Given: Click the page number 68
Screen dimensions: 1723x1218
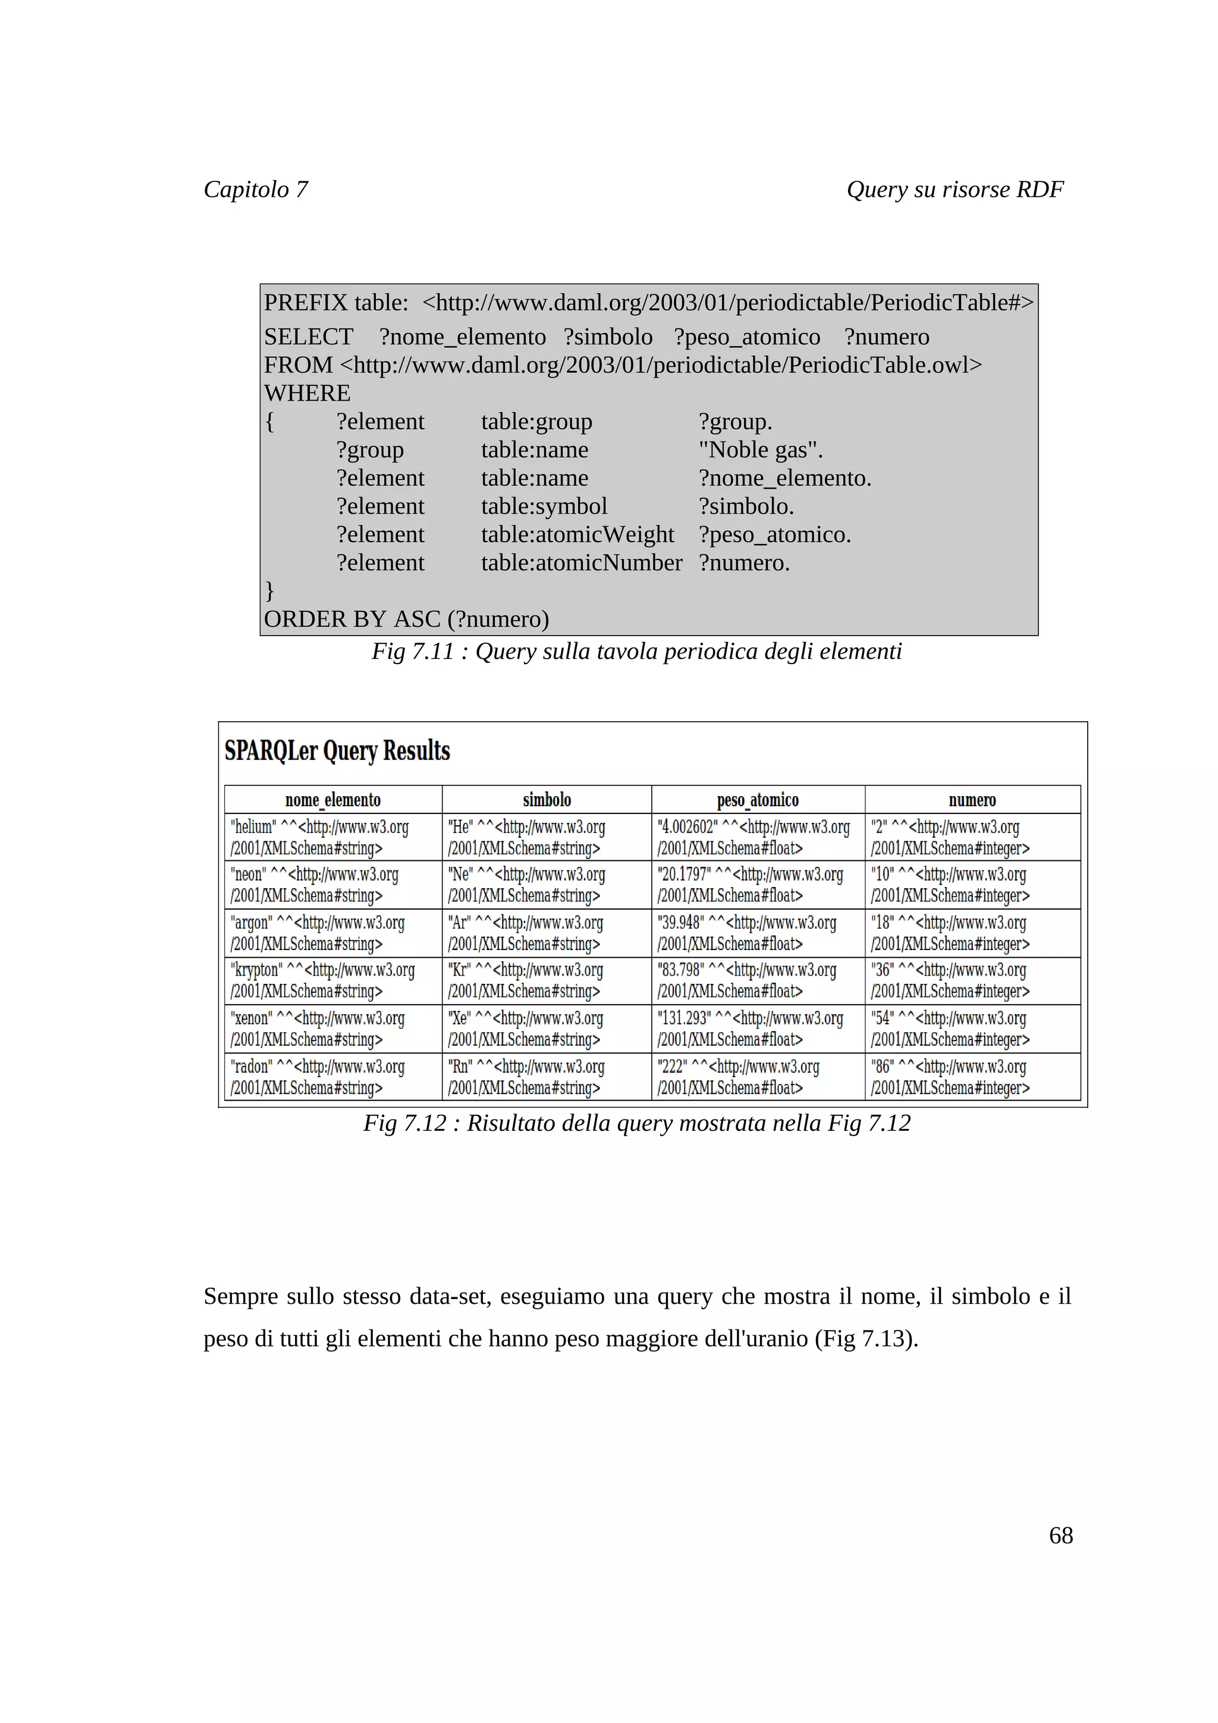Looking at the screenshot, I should (x=1060, y=1535).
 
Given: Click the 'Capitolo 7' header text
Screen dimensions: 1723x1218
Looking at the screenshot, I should (x=255, y=189).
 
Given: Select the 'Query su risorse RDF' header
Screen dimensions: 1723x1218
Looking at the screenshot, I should (x=955, y=189).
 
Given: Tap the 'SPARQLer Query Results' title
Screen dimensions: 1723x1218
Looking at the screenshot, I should (x=337, y=750).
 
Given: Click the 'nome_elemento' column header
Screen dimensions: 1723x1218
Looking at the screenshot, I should (x=332, y=800).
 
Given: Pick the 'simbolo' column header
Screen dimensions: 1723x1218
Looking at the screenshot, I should (x=547, y=800).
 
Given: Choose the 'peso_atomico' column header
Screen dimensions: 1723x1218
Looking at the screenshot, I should (x=757, y=800).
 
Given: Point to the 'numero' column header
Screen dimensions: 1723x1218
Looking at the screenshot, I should (x=972, y=800).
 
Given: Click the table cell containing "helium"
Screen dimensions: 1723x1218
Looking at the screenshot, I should (x=332, y=837).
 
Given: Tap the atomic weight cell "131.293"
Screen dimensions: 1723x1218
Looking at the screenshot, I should (x=757, y=1028).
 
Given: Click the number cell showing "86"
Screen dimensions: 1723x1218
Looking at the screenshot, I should (x=972, y=1076).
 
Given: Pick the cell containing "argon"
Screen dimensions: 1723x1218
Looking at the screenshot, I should (x=332, y=933).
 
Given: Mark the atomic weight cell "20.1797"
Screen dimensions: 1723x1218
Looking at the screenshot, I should (x=757, y=884).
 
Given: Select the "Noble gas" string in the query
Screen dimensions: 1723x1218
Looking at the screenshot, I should (x=759, y=449).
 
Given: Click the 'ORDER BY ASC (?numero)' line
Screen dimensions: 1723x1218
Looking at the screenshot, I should (x=406, y=619).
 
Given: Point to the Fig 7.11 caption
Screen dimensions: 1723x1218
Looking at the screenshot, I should (x=636, y=652).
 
